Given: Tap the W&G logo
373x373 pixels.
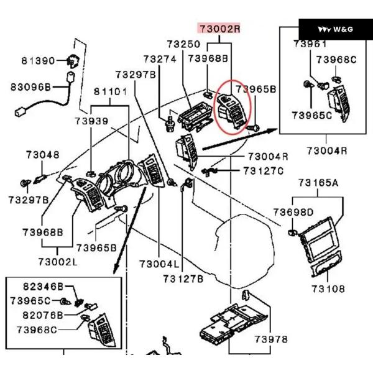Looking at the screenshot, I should coord(336,29).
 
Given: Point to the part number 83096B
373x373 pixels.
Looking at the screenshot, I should coord(31,86).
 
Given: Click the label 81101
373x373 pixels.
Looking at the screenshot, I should coord(110,92).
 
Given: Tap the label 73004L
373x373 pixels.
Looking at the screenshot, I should coord(159,264).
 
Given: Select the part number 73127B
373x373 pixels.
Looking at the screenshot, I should coord(183,279).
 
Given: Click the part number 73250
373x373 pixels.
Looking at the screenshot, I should coord(183,44).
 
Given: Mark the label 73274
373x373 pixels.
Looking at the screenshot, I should coord(160,58).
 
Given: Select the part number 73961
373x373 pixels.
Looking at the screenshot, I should coord(310,44).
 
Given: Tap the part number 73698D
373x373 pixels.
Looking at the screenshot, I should coord(293,213).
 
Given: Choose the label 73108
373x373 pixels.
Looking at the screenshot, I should coord(328,288).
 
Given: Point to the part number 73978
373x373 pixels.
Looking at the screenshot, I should coord(270,339).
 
